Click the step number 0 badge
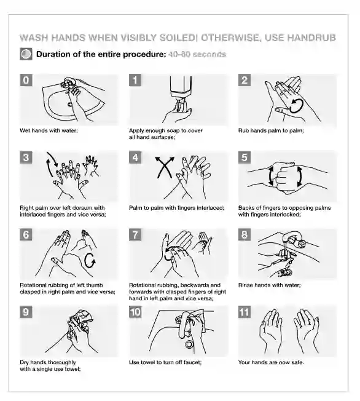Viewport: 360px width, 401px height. tap(26, 80)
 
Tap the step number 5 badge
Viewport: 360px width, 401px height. tap(245, 157)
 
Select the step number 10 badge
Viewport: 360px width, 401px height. tap(135, 312)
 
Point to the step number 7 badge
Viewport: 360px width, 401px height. tap(135, 235)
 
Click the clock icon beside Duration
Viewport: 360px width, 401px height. tap(26, 54)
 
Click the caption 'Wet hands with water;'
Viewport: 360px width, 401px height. tap(49, 130)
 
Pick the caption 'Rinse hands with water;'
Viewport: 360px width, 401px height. tap(270, 285)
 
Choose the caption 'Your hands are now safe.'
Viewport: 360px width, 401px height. tap(271, 362)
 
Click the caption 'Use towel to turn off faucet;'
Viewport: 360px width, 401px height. tap(165, 362)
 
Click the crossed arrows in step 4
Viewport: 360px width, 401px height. tap(165, 167)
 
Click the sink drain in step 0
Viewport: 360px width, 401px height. tap(70, 104)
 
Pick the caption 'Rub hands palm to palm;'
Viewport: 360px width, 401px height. tap(271, 130)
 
